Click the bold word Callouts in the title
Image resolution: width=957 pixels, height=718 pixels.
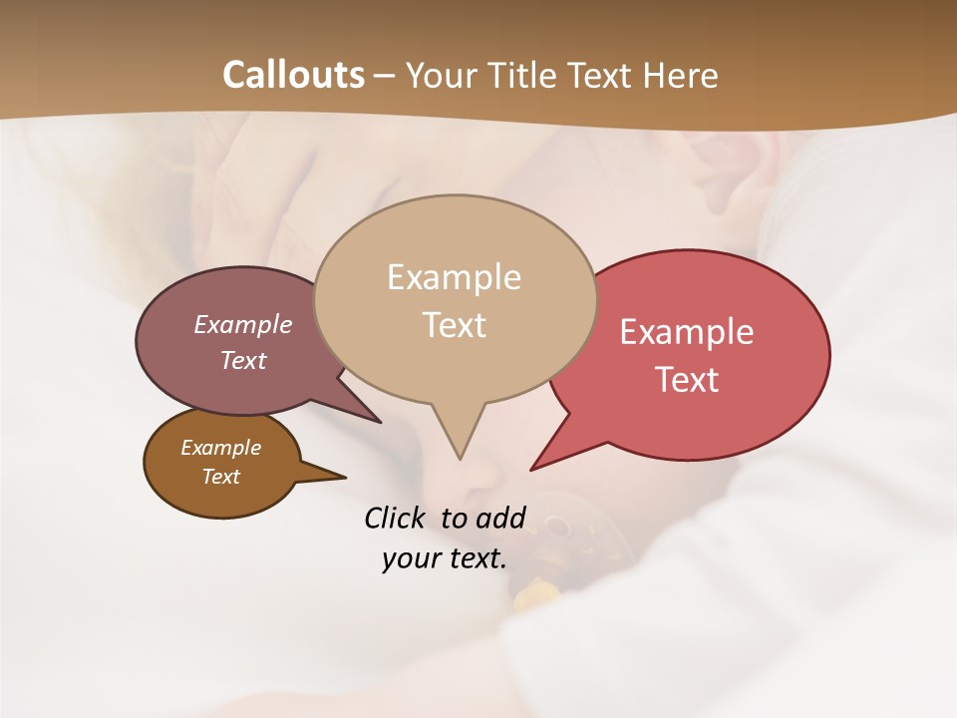pyautogui.click(x=293, y=75)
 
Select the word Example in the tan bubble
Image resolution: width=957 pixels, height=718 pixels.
pyautogui.click(x=454, y=277)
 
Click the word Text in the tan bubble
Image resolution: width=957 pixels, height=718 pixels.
pyautogui.click(x=454, y=325)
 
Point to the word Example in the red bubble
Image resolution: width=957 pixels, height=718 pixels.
pyautogui.click(x=687, y=332)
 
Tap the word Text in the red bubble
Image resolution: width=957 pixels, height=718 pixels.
pyautogui.click(x=687, y=380)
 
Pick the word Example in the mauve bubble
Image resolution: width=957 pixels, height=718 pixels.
pyautogui.click(x=243, y=324)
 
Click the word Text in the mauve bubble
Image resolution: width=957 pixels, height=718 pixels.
pyautogui.click(x=243, y=360)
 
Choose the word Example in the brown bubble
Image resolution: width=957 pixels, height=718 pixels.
pyautogui.click(x=220, y=448)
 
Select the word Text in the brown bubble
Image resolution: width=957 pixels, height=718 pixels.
pyautogui.click(x=220, y=477)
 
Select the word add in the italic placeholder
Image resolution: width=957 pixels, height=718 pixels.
pyautogui.click(x=499, y=518)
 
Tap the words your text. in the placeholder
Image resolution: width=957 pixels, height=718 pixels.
pyautogui.click(x=444, y=558)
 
